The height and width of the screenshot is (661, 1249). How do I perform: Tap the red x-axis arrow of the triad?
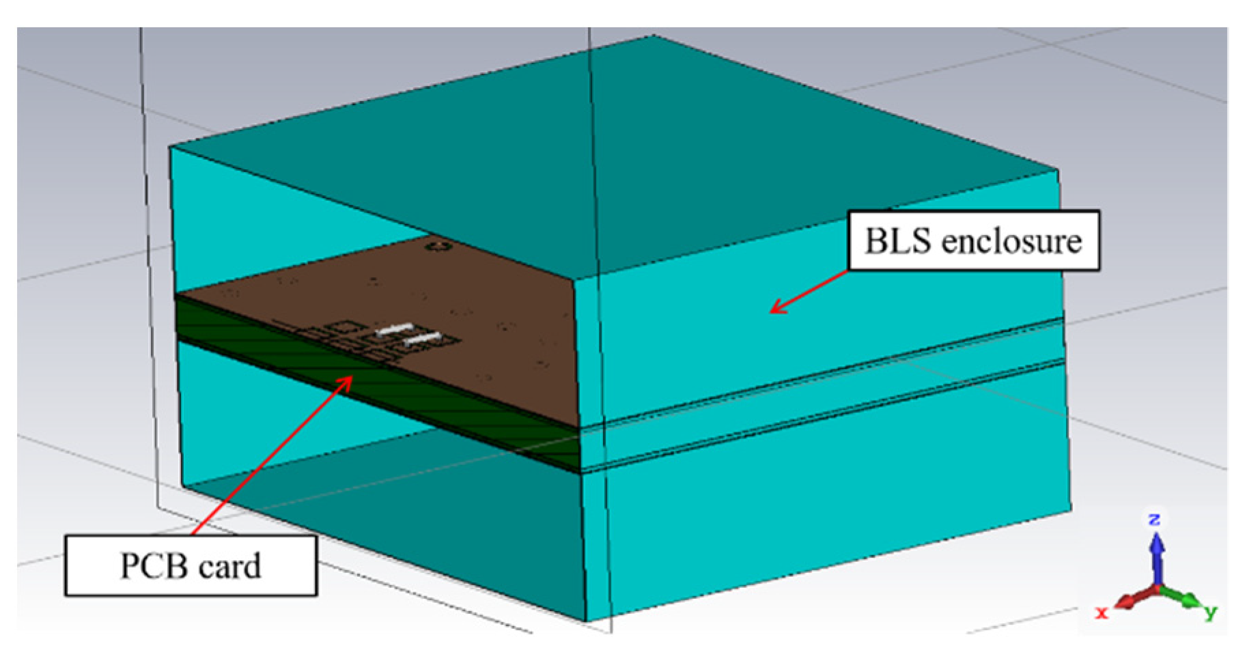[x=1130, y=601]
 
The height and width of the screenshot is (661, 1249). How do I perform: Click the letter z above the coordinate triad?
[x=1154, y=520]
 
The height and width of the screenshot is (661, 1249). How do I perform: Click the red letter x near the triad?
[x=1101, y=613]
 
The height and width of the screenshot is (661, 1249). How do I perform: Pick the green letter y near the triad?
[x=1211, y=611]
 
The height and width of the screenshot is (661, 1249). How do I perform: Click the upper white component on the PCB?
[x=395, y=330]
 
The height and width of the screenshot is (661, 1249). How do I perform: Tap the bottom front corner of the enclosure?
[x=586, y=620]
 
